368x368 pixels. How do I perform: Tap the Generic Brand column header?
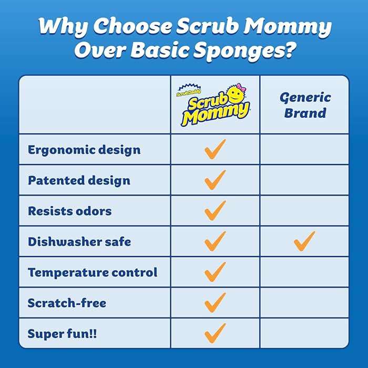305,105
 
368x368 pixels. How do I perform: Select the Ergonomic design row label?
84,150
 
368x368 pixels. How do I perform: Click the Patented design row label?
79,180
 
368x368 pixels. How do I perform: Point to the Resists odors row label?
70,211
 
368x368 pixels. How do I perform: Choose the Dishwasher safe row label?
79,242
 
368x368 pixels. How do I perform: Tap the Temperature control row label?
93,272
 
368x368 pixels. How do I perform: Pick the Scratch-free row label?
67,303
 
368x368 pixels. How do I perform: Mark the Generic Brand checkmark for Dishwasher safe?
304,241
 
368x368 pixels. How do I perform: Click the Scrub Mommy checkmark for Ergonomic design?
215,149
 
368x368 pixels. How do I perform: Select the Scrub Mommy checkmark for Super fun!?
215,333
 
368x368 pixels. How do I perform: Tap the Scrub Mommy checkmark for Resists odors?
215,211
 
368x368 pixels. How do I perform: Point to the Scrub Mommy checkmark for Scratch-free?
215,302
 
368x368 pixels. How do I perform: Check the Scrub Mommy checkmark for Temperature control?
215,272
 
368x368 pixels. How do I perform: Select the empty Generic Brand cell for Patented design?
304,180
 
